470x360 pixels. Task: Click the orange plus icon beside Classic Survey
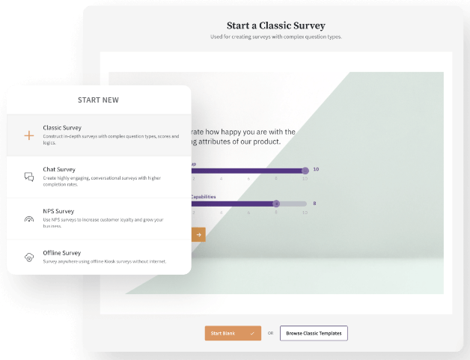pos(29,135)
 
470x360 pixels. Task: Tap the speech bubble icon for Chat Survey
pos(29,177)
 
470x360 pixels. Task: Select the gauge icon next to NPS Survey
pos(29,219)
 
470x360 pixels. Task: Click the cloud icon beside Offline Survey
pos(29,257)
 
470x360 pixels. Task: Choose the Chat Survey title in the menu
pos(59,169)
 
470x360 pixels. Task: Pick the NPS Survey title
pos(59,211)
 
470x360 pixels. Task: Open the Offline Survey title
pos(62,253)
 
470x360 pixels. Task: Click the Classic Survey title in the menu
pos(62,127)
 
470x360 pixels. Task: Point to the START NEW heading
pos(98,100)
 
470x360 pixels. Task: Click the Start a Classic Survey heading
pos(276,25)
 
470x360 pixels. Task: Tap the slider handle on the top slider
pos(305,171)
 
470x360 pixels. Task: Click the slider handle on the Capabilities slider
pos(276,204)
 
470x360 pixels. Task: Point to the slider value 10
pos(315,170)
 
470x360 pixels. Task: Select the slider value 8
pos(314,204)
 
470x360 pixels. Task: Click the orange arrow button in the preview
pos(198,234)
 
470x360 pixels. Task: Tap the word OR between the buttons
pos(270,333)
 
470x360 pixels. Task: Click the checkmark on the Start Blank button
pos(252,333)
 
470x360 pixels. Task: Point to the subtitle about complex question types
pos(276,37)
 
